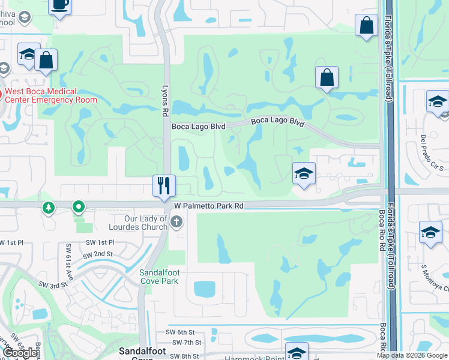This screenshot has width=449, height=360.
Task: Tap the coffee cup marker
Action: click(59, 5)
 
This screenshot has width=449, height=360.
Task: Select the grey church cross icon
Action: click(176, 223)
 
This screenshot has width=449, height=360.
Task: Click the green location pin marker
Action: click(78, 208)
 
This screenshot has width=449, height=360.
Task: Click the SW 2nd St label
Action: click(98, 254)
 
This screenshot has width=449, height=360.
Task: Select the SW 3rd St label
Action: click(51, 284)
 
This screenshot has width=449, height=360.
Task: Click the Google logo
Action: click(20, 353)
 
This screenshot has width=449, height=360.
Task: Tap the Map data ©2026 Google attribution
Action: click(412, 355)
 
